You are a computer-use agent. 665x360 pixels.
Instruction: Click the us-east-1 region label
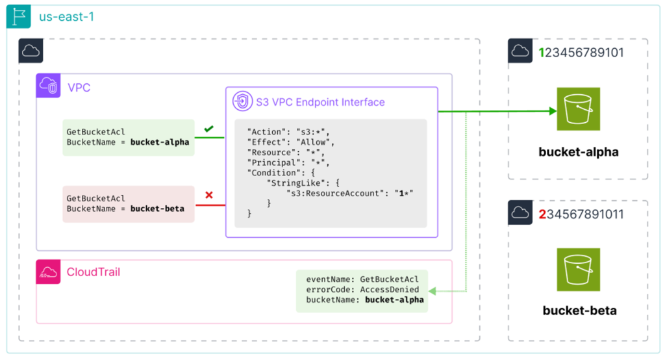[67, 17]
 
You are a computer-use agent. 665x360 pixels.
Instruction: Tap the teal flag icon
[19, 16]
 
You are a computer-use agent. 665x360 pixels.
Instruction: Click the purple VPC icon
[48, 86]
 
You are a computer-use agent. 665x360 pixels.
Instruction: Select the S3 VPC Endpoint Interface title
[320, 102]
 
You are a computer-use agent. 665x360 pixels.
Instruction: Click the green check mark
[208, 129]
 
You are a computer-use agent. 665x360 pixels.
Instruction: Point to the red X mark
[208, 195]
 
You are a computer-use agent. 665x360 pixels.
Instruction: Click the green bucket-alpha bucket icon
[578, 109]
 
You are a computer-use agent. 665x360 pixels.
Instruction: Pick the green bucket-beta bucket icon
[578, 270]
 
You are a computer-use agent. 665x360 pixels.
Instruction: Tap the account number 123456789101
[581, 53]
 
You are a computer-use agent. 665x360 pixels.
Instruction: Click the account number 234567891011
[581, 214]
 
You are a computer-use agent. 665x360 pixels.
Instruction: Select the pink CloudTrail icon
[48, 272]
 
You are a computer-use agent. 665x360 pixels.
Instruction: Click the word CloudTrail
[94, 272]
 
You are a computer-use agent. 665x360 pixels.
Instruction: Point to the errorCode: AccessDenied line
[362, 290]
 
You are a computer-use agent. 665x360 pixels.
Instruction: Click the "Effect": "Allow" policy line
[291, 142]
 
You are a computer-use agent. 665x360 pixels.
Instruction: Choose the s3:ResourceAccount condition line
[349, 193]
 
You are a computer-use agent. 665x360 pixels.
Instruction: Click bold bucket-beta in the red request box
[157, 209]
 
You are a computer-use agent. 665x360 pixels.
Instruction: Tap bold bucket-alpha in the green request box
[160, 142]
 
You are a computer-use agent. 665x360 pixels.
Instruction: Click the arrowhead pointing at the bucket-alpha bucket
[553, 111]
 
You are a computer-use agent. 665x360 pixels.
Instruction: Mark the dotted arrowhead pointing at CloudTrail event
[432, 291]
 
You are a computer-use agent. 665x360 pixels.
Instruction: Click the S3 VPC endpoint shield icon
[243, 101]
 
